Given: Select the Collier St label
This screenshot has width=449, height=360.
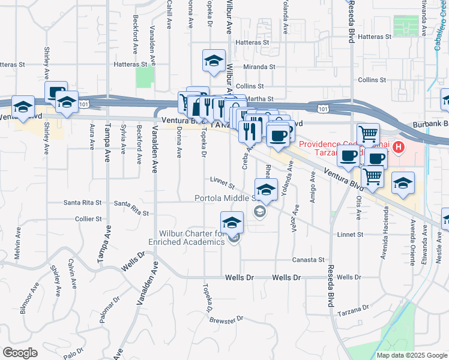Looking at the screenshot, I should click(x=89, y=220).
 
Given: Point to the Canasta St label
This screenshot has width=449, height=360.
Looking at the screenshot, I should click(x=309, y=260).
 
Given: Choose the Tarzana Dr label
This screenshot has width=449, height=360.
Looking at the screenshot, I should click(x=353, y=309).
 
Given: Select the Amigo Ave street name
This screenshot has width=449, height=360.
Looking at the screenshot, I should click(x=313, y=188).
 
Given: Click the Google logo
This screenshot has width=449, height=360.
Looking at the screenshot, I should click(x=20, y=353).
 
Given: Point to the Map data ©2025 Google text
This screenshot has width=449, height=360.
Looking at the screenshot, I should click(x=411, y=355).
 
